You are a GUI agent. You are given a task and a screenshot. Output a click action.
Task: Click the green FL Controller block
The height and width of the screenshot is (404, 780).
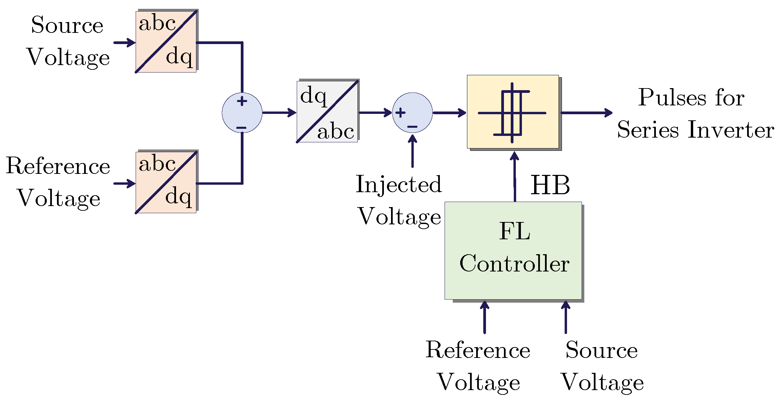(x=513, y=250)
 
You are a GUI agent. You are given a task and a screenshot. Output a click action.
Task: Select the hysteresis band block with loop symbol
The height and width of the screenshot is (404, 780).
(x=513, y=112)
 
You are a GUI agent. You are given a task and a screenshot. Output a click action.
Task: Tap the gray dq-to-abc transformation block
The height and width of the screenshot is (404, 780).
(x=327, y=112)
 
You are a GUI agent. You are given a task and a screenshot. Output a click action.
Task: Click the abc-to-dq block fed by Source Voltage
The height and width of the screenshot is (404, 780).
(x=166, y=42)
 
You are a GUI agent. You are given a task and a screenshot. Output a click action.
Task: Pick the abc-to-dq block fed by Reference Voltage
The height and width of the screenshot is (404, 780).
(x=166, y=182)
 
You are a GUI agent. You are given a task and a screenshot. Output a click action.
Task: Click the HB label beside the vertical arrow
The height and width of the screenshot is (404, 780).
(x=550, y=185)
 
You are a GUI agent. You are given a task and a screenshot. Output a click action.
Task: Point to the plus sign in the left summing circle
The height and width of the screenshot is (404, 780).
(x=242, y=101)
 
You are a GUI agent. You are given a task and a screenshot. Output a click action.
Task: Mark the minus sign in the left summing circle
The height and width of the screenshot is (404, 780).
(x=241, y=128)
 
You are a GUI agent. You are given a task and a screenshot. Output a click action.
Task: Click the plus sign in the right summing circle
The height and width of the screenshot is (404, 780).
(x=401, y=113)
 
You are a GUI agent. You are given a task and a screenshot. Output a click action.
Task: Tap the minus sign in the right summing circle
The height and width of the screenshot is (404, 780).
(x=412, y=127)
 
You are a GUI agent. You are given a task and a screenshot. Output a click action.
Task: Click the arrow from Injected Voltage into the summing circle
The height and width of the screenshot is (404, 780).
(x=412, y=151)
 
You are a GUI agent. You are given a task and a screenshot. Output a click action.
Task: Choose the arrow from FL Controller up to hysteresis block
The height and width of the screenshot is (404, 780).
(x=515, y=176)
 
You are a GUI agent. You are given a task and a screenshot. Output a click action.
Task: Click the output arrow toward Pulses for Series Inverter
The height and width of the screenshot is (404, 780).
(x=587, y=113)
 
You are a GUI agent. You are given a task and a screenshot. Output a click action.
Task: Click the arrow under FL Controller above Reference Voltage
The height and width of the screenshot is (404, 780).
(x=485, y=317)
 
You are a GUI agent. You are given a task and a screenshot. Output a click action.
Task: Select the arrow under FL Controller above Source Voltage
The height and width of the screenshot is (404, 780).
(x=565, y=317)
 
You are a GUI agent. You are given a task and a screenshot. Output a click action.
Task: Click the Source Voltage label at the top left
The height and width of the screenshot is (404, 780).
(x=68, y=41)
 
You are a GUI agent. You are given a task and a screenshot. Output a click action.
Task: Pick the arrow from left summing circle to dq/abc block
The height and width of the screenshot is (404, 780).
(x=279, y=113)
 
